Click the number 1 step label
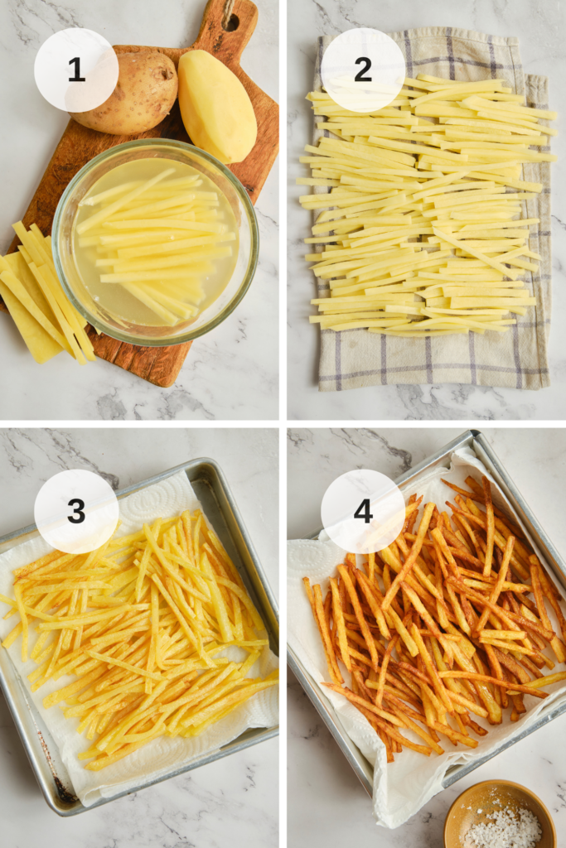(x=76, y=70)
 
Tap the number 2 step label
(x=362, y=70)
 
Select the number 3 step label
(x=76, y=511)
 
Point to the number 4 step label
(x=362, y=511)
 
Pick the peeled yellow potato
(x=216, y=105)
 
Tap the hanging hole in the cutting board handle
(x=231, y=22)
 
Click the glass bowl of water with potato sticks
(x=155, y=243)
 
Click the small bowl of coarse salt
(x=500, y=815)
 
